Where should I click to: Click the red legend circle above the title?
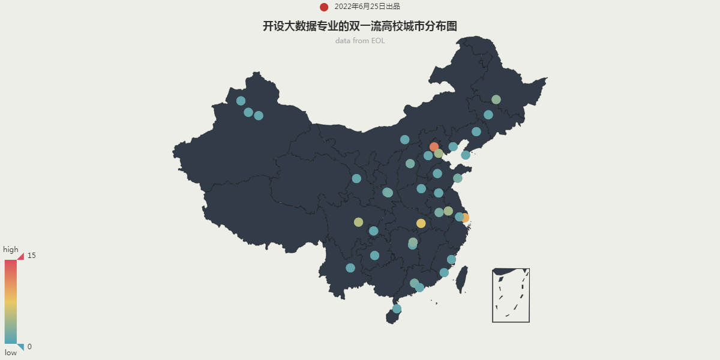[324, 7]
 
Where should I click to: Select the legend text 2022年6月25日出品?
[367, 7]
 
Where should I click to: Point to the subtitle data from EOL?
[360, 41]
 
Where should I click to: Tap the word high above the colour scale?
[11, 250]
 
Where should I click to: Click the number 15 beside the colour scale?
[31, 256]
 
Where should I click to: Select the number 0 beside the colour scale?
[29, 347]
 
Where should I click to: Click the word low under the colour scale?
[11, 353]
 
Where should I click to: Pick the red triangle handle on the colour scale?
[20, 256]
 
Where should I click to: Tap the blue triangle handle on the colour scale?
[20, 346]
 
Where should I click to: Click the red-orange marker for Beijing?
[434, 147]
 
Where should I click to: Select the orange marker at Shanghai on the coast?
[465, 218]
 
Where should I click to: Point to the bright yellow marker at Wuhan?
[421, 223]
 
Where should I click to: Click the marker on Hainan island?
[397, 309]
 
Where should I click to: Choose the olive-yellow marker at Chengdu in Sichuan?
[359, 222]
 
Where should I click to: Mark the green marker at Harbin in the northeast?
[496, 100]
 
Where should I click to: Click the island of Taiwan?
[462, 279]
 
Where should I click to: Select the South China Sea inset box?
[511, 295]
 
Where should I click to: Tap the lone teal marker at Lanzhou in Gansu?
[356, 178]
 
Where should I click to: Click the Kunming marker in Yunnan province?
[350, 268]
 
